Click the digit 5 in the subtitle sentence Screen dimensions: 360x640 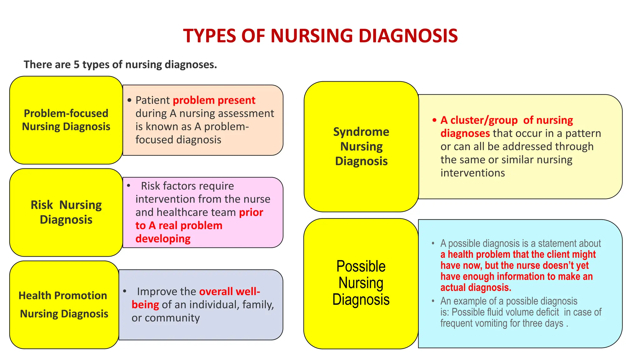coord(77,65)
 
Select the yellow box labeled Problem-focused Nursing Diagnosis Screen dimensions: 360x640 coord(66,120)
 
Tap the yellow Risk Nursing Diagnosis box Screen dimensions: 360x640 coord(66,212)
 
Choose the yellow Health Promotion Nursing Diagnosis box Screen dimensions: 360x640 coord(64,305)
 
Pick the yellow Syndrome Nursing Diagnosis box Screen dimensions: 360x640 coord(361,146)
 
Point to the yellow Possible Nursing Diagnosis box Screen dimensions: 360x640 coord(361,283)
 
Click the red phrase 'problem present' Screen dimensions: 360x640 coord(214,100)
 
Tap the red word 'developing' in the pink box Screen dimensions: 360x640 coord(163,239)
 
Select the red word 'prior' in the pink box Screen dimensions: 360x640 coord(251,212)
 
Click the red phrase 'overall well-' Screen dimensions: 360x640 coord(230,292)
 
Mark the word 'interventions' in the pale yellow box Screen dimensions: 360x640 coord(472,173)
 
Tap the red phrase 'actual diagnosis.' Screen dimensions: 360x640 coord(476,287)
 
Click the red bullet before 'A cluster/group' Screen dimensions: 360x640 coord(434,120)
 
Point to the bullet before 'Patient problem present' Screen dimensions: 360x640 coord(130,100)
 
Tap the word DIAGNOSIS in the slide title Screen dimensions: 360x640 coord(408,36)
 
